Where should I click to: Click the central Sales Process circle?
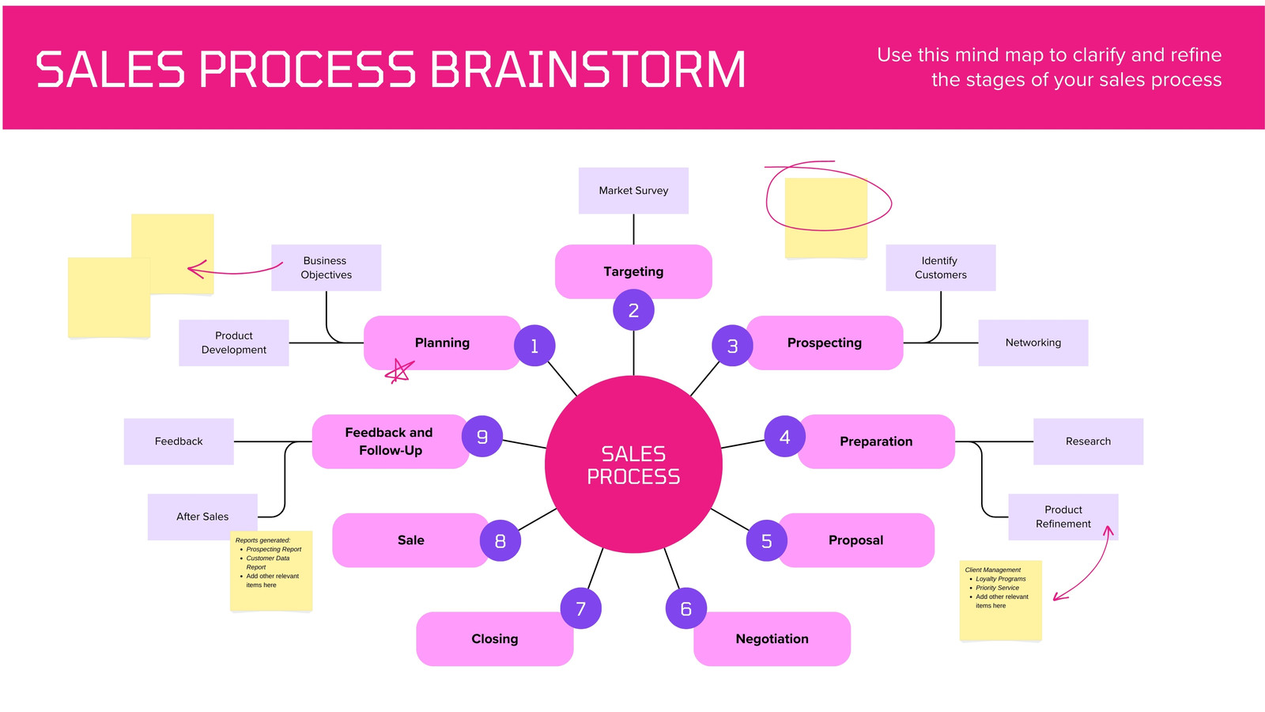pyautogui.click(x=633, y=464)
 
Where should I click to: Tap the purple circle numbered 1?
pyautogui.click(x=534, y=345)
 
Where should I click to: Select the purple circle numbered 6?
pyautogui.click(x=685, y=608)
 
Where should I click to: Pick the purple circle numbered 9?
pyautogui.click(x=481, y=436)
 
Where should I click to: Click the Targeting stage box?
pyautogui.click(x=633, y=271)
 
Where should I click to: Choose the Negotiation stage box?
pyautogui.click(x=772, y=638)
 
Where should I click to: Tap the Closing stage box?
pyautogui.click(x=495, y=638)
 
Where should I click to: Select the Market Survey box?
pyautogui.click(x=633, y=191)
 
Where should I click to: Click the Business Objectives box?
pyautogui.click(x=326, y=267)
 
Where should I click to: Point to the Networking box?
pyautogui.click(x=1033, y=343)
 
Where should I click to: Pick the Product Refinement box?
pyautogui.click(x=1063, y=517)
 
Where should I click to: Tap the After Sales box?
pyautogui.click(x=202, y=517)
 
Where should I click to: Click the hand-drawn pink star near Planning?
pyautogui.click(x=399, y=371)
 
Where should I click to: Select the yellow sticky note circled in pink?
pyautogui.click(x=825, y=218)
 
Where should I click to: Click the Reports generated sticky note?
pyautogui.click(x=271, y=570)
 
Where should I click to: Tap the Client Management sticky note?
pyautogui.click(x=1000, y=600)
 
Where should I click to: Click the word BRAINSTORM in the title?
pyautogui.click(x=587, y=70)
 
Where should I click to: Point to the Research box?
pyautogui.click(x=1088, y=441)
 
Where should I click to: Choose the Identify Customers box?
pyautogui.click(x=940, y=267)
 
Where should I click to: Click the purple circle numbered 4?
pyautogui.click(x=784, y=436)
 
